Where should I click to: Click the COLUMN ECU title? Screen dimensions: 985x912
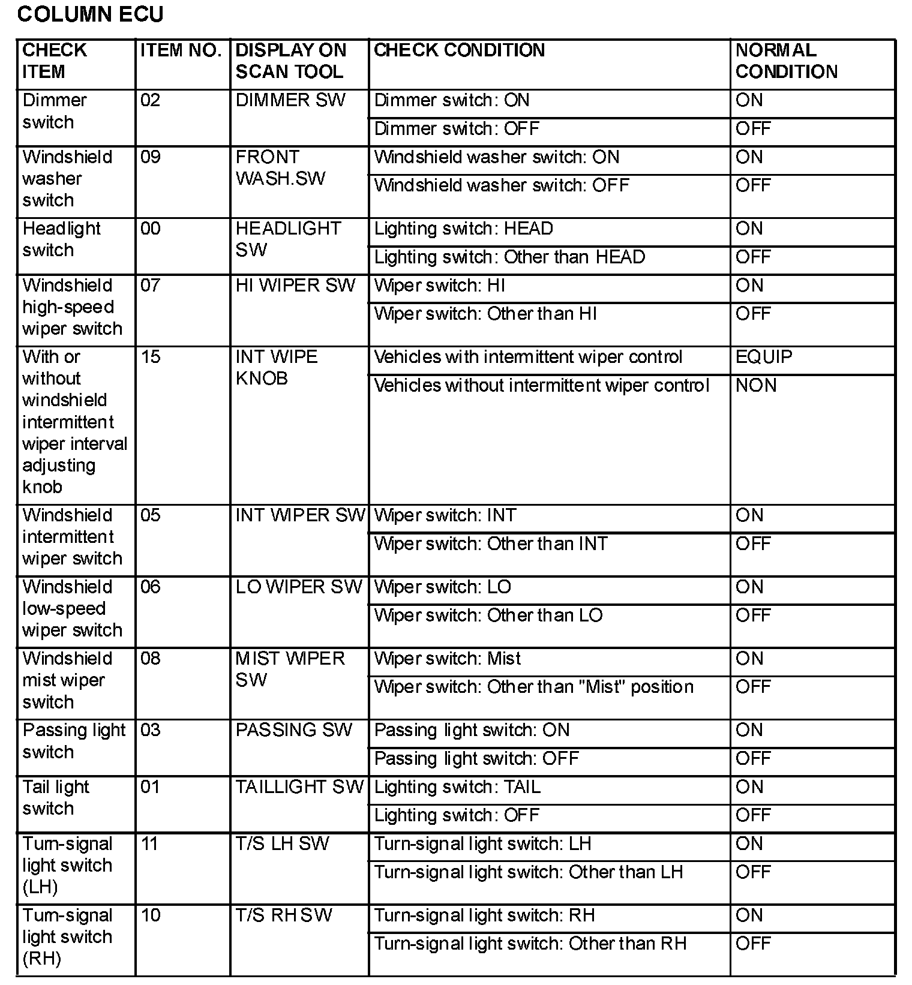(x=90, y=14)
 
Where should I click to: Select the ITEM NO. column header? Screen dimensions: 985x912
(x=181, y=50)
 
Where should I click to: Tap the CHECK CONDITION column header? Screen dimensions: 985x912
(x=459, y=50)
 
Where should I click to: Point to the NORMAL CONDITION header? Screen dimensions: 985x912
(x=786, y=61)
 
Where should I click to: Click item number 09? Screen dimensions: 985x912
(x=151, y=157)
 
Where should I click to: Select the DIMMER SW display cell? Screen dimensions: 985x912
(x=290, y=100)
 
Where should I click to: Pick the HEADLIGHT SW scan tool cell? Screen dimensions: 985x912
(x=288, y=239)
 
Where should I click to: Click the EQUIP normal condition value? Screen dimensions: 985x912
(x=764, y=357)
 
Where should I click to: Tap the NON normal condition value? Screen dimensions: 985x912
(x=756, y=385)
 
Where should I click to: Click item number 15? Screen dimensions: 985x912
(x=151, y=357)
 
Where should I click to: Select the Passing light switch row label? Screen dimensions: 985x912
(x=74, y=741)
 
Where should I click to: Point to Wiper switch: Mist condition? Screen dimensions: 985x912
(x=448, y=659)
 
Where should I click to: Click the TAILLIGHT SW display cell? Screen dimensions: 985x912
(x=299, y=786)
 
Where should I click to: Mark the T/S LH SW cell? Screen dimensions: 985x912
(x=282, y=843)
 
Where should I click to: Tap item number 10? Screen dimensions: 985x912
(x=151, y=915)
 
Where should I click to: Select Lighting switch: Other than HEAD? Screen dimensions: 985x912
(x=509, y=257)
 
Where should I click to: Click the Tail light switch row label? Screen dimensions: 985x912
(x=56, y=797)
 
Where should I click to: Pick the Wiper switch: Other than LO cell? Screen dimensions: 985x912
(x=488, y=615)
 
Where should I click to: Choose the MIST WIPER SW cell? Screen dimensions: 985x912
(x=290, y=669)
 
